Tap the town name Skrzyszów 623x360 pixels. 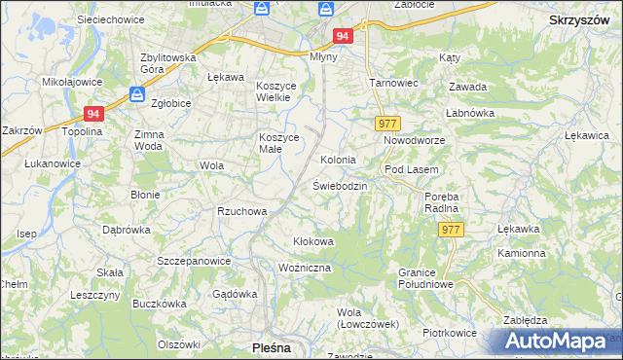578,19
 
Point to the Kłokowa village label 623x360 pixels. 313,240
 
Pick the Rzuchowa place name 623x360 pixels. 241,210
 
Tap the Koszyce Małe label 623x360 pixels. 275,142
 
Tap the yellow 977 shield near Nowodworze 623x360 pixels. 386,124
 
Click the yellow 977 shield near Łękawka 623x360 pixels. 451,230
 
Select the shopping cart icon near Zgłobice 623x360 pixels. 137,95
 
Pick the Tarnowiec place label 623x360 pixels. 392,83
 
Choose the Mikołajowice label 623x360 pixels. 66,83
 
